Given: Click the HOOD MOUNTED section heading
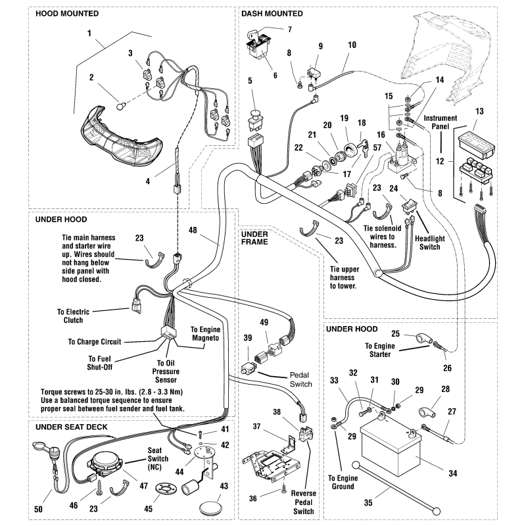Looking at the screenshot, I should [67, 13].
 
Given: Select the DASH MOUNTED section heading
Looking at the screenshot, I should [272, 13].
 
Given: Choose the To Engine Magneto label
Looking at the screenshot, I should [206, 333].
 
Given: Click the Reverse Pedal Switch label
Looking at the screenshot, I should [304, 502].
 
